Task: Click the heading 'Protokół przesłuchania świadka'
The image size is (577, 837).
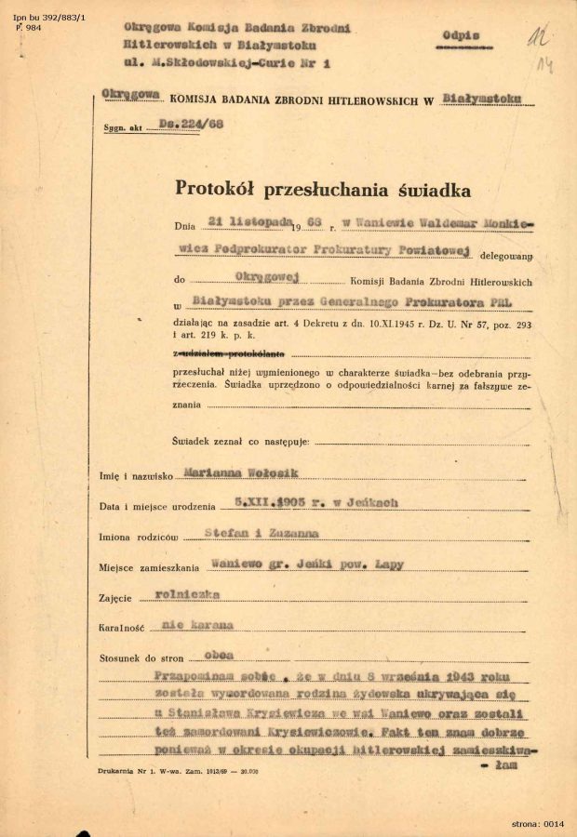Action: point(323,189)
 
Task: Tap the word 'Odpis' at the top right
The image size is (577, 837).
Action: point(462,35)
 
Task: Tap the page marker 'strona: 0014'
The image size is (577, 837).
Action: point(537,823)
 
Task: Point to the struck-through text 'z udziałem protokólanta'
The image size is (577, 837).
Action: point(231,354)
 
